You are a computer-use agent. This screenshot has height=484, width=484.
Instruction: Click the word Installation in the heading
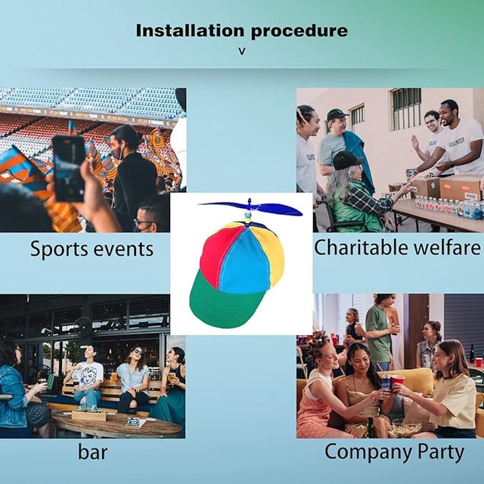[x=190, y=30]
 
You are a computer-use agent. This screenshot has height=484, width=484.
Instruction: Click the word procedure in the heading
[x=299, y=32]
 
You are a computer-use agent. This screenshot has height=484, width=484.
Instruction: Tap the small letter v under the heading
[x=242, y=51]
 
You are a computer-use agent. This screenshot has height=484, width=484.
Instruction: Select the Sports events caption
[x=92, y=249]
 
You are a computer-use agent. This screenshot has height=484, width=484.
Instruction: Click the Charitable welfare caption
[x=397, y=247]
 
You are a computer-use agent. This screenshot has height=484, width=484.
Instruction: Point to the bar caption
[x=92, y=452]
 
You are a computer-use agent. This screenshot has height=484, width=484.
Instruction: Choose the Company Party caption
[x=395, y=452]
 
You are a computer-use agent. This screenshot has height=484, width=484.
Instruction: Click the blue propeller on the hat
[x=250, y=208]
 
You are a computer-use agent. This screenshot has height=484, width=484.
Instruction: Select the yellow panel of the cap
[x=274, y=256]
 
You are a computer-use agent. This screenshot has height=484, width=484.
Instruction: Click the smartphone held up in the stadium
[x=69, y=168]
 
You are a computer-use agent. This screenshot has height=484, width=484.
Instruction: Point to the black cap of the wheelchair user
[x=347, y=160]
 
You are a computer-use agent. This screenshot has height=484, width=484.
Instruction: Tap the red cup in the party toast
[x=397, y=383]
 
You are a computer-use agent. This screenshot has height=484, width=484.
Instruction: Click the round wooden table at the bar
[x=116, y=423]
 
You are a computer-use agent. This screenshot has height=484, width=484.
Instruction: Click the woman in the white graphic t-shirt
[x=88, y=380]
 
